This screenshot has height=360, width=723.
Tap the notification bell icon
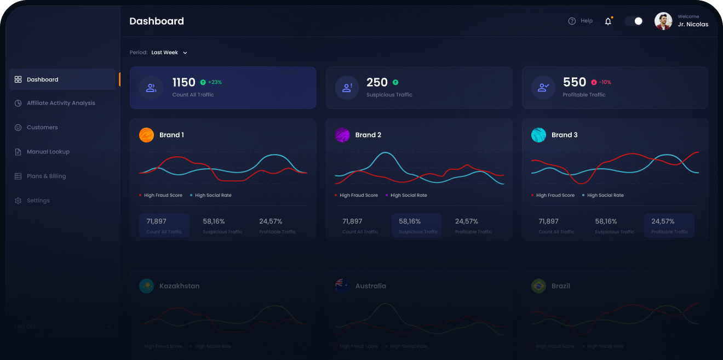pos(608,21)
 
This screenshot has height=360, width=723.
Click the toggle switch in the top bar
pos(634,21)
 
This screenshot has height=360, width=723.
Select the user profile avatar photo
pos(663,21)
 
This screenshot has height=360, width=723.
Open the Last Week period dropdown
pos(169,53)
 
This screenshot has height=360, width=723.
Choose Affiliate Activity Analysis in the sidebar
pos(61,103)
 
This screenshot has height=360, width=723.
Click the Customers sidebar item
pos(42,127)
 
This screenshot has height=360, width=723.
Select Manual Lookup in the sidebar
pos(48,152)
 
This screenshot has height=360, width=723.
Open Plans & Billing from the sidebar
pos(46,176)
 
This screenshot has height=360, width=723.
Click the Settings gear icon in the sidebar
pos(18,201)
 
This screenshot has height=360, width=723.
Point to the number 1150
pos(183,82)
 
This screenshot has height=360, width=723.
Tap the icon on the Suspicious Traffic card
pos(347,88)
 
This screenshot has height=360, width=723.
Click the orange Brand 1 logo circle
pos(146,135)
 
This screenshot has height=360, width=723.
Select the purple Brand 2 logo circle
pos(342,135)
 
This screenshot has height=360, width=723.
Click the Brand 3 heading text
pos(564,135)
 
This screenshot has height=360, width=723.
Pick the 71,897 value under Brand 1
pos(156,221)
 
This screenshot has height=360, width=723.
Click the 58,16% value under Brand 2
pos(410,221)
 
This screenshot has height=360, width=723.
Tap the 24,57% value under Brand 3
pos(663,221)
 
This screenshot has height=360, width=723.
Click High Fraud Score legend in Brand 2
pos(358,195)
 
